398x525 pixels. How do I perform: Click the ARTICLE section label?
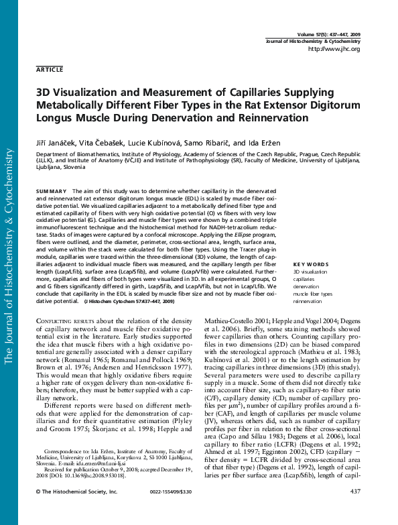tap(50, 69)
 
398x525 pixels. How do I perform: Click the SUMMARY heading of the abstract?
tap(52, 191)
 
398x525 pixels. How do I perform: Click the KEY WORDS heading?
tap(311, 264)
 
